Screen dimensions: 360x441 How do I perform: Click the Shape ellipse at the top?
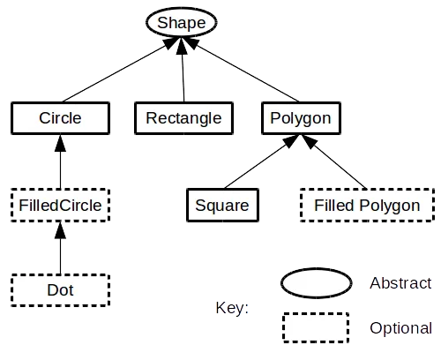coord(181,21)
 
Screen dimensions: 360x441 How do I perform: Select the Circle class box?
coord(60,117)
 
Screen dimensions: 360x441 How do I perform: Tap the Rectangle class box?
coord(183,117)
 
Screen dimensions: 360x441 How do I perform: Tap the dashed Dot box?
coord(60,289)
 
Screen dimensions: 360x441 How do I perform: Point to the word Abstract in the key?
coord(400,284)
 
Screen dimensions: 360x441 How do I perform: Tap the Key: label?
coord(232,308)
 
